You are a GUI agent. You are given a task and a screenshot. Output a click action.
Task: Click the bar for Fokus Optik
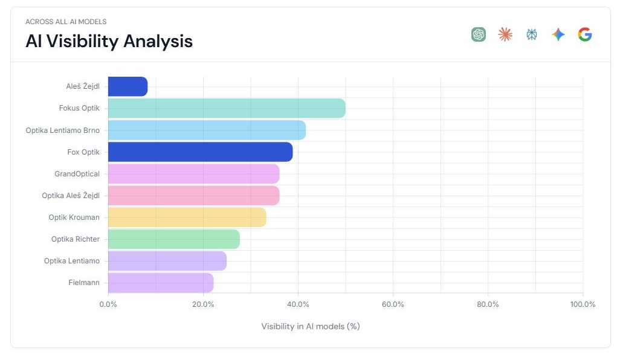click(x=227, y=109)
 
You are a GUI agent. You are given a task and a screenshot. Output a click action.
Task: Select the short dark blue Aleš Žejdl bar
click(x=128, y=86)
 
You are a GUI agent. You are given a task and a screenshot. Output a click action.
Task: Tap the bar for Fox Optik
click(x=200, y=152)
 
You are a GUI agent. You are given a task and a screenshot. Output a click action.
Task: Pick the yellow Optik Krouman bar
click(x=187, y=217)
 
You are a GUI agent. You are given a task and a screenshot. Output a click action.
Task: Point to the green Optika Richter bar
click(x=173, y=239)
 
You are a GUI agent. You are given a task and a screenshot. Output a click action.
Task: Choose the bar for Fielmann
click(x=161, y=283)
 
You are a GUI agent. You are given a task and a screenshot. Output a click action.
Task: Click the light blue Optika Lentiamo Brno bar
click(x=207, y=130)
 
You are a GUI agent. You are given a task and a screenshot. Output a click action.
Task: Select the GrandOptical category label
click(x=77, y=174)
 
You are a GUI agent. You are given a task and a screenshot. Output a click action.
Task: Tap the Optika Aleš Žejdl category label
click(x=71, y=196)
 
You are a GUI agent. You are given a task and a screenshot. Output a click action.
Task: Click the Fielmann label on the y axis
click(x=84, y=283)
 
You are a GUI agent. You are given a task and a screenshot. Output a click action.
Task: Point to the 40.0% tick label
click(x=298, y=304)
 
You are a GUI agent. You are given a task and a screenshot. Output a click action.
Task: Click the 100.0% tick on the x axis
click(x=583, y=304)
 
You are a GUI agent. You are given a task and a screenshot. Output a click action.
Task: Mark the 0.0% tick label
click(x=108, y=304)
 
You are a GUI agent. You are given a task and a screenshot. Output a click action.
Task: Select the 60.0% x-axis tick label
click(x=393, y=304)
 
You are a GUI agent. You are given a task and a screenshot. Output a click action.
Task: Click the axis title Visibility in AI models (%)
click(x=311, y=327)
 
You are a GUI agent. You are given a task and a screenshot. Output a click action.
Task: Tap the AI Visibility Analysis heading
click(x=109, y=41)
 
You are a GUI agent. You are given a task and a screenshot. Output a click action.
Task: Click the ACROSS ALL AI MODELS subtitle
click(x=66, y=22)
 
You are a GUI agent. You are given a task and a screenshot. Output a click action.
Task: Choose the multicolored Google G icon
click(x=584, y=34)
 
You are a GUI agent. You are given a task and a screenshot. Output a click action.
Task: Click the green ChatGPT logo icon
click(x=479, y=34)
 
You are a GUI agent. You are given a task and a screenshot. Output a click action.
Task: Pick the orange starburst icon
click(x=505, y=34)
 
